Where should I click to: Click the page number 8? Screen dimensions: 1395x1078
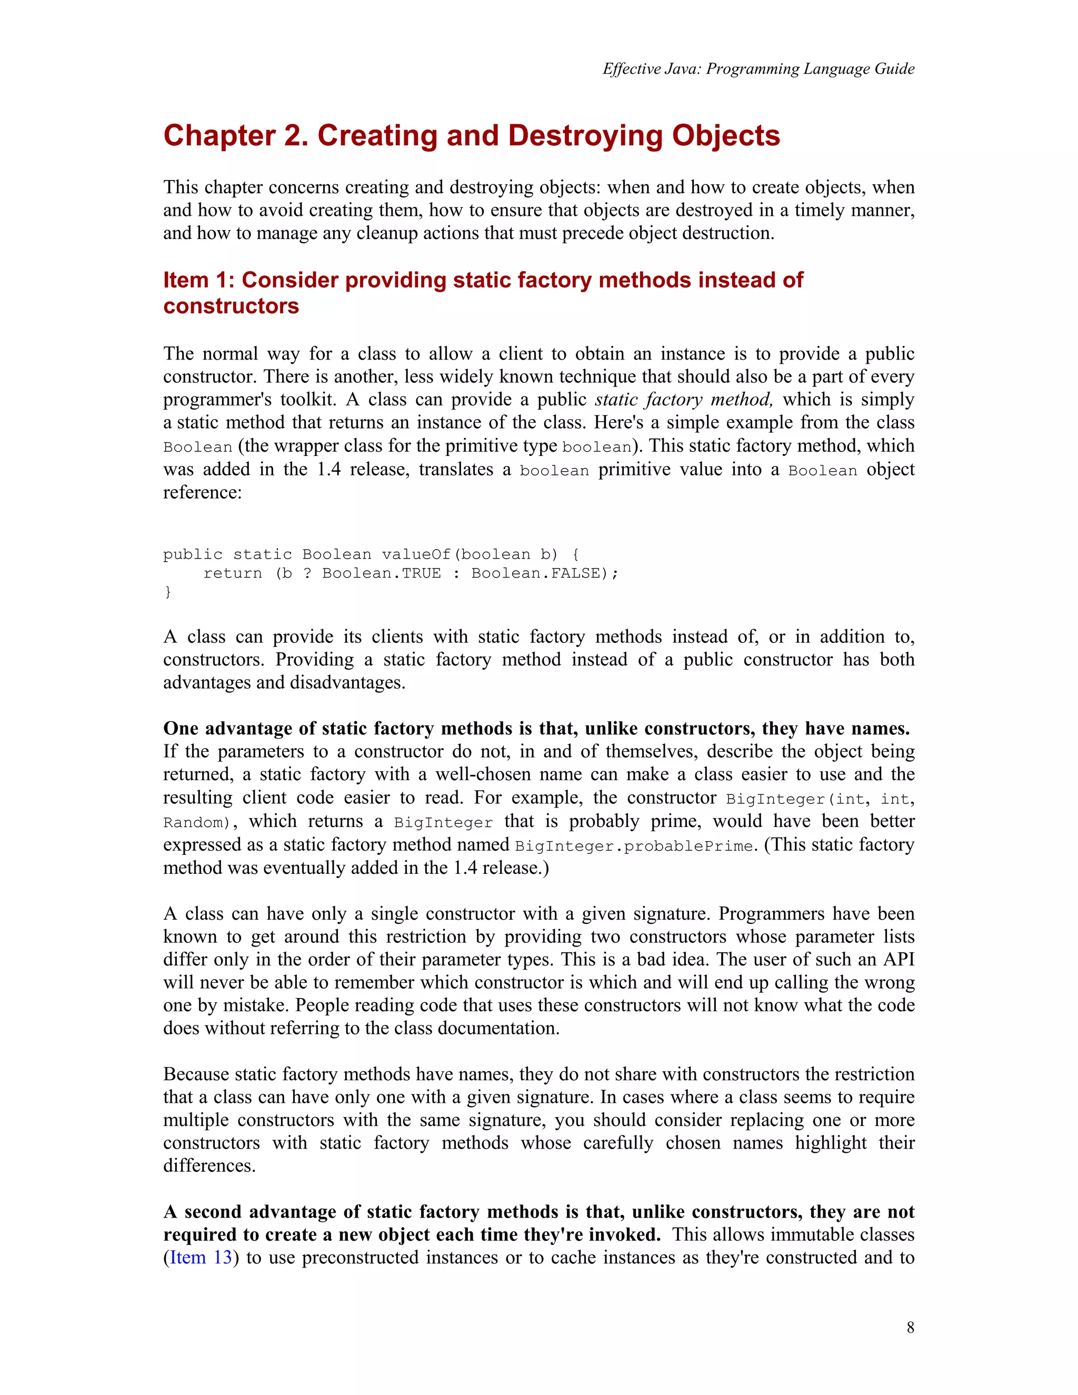910,1327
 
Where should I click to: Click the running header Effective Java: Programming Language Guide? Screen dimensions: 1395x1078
758,69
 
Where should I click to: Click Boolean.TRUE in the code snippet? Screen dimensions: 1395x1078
381,573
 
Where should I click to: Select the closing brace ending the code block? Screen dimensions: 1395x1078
168,592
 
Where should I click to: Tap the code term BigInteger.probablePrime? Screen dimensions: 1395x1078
635,846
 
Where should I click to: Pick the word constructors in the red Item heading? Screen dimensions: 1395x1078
231,306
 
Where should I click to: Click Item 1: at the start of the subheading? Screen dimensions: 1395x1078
198,281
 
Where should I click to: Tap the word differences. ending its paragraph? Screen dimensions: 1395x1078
209,1165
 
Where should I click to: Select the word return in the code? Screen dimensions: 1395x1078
233,573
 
